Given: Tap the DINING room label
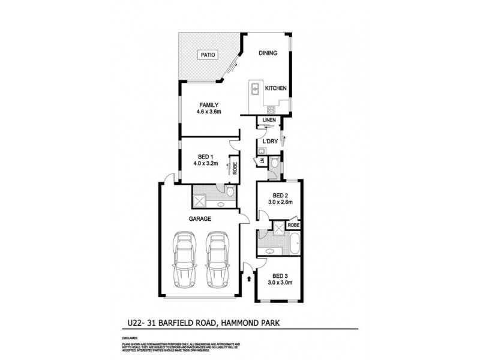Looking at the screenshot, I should pos(268,53).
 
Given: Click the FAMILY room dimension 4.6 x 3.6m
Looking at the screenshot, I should pos(209,112).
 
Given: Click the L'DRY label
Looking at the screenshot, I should pos(269,142).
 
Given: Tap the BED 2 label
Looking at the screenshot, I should pos(278,196).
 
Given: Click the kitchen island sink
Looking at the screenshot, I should pos(256,89).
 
